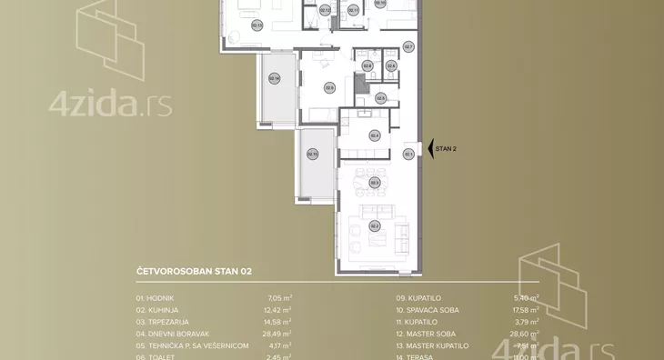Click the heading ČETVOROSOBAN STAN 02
(193, 271)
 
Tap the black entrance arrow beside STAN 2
(430, 148)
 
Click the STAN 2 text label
(446, 148)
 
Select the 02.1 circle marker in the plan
(408, 154)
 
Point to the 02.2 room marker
(374, 226)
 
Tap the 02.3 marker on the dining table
(374, 183)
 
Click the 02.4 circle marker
(374, 135)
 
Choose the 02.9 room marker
(329, 88)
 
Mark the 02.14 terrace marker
(275, 78)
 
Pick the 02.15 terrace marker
(312, 154)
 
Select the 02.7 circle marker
(408, 46)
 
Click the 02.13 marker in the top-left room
(257, 25)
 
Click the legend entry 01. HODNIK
(155, 298)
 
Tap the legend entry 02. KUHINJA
(156, 310)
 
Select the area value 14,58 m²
(279, 322)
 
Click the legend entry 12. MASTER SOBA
(426, 334)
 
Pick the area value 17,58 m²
(525, 310)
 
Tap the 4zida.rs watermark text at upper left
(110, 105)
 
